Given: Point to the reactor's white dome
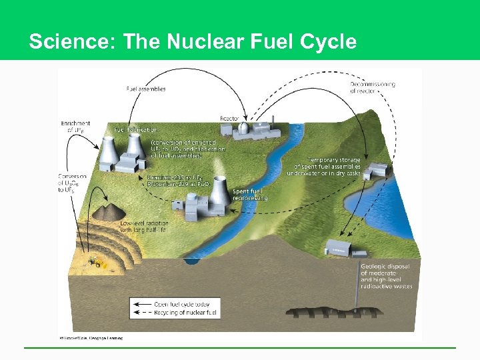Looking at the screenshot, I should pos(244,128).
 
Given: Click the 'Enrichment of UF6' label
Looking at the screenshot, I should pos(75,127).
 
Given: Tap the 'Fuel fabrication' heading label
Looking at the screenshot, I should pos(137,129).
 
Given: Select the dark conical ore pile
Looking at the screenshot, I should pos(105,213).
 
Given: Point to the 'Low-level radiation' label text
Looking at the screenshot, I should pos(144,227).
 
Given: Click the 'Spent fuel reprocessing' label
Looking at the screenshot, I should pos(250,195).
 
